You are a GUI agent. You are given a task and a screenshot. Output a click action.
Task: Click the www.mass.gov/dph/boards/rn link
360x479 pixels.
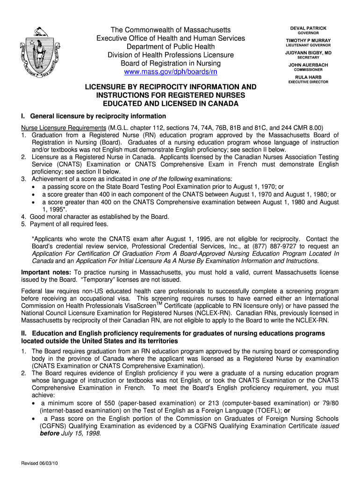170,72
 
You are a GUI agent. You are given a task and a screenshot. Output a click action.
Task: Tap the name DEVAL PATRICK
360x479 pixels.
308,29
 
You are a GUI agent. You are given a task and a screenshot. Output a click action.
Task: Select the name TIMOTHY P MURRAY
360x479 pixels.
308,41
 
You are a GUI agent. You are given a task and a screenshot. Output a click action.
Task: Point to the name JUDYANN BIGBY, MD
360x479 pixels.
308,53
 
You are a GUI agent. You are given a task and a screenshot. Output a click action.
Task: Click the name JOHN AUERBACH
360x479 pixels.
308,65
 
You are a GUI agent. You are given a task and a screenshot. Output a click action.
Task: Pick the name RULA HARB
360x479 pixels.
308,77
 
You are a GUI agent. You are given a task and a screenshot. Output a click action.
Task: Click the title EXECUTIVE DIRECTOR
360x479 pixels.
308,82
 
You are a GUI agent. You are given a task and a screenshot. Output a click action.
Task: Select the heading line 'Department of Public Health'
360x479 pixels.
170,47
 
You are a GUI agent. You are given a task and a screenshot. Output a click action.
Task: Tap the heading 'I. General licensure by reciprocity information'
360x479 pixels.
93,116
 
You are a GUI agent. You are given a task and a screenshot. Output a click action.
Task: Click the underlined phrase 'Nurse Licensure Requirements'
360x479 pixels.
63,128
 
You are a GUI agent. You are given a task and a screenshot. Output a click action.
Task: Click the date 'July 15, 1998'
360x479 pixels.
81,433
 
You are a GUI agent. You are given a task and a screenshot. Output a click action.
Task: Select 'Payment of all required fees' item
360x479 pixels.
70,224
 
